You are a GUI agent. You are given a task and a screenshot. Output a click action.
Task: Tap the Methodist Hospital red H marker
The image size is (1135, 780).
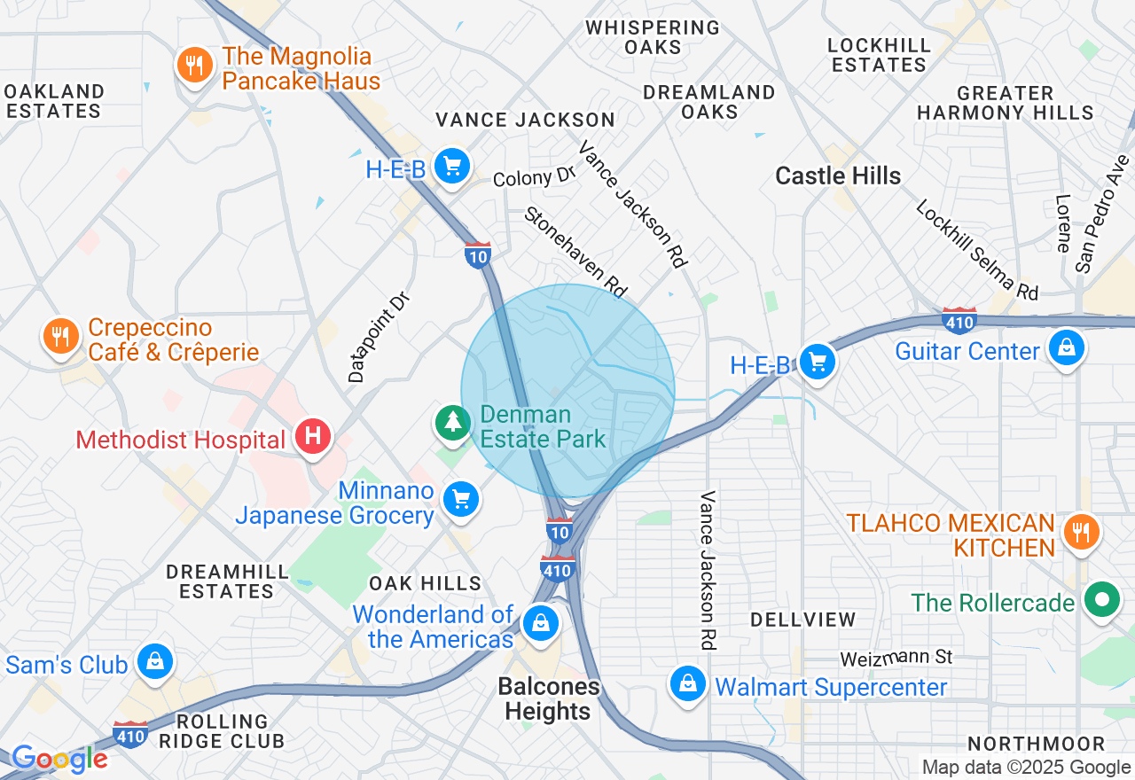point(313,437)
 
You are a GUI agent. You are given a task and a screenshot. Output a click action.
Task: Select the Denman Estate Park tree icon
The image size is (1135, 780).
point(453,422)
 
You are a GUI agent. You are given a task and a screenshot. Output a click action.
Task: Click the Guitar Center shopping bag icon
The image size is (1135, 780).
point(1067,348)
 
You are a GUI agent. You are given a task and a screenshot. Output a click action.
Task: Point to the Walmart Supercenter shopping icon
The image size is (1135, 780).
point(687,683)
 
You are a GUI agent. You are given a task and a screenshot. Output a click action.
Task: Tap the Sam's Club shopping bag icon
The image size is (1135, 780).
point(155,662)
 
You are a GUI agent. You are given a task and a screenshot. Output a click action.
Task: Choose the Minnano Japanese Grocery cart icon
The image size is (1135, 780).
point(461,500)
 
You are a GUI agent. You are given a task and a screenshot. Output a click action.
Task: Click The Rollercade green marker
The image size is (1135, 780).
point(1102,601)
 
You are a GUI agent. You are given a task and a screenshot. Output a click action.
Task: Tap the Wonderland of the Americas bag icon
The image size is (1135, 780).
point(540,623)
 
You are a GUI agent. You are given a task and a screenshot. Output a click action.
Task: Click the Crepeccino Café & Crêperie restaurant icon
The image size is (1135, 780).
point(60,337)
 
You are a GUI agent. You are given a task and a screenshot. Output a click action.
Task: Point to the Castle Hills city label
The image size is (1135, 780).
point(838,176)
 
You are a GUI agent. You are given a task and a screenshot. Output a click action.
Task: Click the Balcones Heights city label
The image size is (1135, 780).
point(549,698)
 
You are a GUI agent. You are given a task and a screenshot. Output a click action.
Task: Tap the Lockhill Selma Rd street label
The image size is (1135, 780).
point(976,249)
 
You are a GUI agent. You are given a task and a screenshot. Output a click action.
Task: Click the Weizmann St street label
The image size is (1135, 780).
point(896,658)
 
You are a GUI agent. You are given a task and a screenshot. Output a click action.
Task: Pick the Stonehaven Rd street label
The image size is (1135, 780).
point(575,252)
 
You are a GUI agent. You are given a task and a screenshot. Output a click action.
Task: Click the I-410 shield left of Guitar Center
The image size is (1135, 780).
point(959,320)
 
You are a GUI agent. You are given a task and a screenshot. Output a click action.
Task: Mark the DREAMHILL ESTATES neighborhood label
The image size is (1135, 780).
point(226,581)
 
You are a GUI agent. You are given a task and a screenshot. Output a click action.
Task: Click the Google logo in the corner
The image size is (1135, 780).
point(59,759)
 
